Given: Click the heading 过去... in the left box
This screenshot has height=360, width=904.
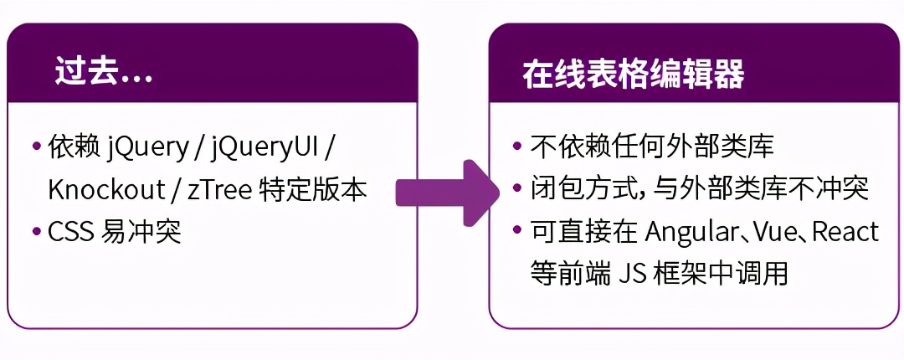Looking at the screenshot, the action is pyautogui.click(x=104, y=74).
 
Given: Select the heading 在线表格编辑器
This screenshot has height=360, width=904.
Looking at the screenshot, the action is pyautogui.click(x=634, y=74).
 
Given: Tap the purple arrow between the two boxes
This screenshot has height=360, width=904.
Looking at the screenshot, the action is pyautogui.click(x=447, y=193).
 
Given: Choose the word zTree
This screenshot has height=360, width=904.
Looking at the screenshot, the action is pyautogui.click(x=219, y=190).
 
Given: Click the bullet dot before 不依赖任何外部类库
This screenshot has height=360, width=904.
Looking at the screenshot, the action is pyautogui.click(x=517, y=146).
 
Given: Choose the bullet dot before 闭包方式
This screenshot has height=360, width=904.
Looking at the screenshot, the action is pyautogui.click(x=517, y=188).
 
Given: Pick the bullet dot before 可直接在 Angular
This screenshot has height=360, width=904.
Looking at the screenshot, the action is pyautogui.click(x=517, y=231).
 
